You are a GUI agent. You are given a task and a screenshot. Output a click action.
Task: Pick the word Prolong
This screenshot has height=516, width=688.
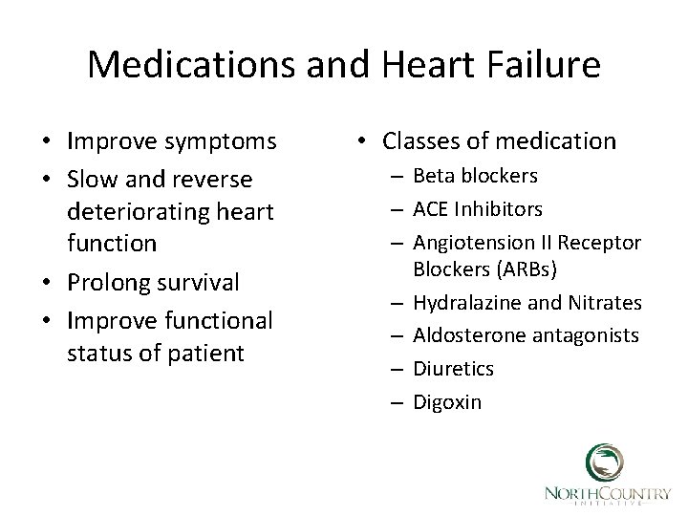coord(108,282)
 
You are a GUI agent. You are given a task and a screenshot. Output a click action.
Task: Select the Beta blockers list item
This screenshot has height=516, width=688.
coord(475,176)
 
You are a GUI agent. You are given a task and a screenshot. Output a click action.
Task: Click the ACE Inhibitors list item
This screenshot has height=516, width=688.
coord(478,207)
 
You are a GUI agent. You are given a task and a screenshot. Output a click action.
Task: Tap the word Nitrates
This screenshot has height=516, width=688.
coord(607,303)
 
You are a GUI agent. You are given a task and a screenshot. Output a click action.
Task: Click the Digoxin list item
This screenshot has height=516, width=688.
coord(447,401)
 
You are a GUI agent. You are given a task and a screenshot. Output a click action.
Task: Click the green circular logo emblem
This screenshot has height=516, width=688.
coord(605,463)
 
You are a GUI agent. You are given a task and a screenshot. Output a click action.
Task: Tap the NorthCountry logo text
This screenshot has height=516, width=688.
coord(607,493)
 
